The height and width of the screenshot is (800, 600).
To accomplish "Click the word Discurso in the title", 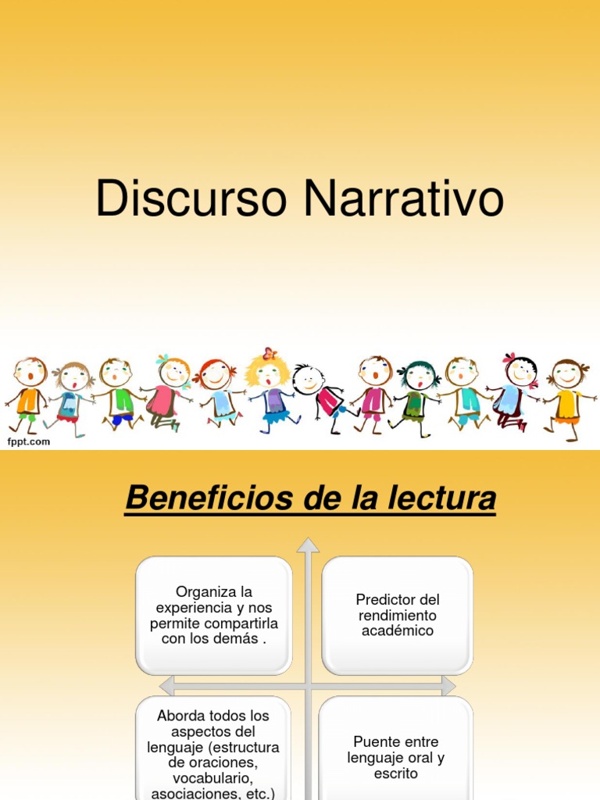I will (x=191, y=200).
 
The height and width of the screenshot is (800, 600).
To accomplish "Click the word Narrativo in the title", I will (x=404, y=200).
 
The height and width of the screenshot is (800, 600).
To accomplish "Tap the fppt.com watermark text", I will (x=29, y=441).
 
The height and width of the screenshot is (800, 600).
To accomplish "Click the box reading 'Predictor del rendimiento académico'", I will (x=398, y=615).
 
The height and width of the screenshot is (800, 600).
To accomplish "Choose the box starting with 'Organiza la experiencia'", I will (x=214, y=615).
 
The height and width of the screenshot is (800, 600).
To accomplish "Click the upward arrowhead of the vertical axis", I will (x=309, y=545).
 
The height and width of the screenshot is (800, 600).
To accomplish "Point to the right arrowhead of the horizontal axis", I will (x=448, y=686).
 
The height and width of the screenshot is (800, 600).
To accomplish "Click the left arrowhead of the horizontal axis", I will (x=166, y=686).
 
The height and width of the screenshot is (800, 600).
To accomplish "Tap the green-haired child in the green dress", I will (x=418, y=395).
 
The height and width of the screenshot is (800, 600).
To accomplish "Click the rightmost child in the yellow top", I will (x=567, y=395).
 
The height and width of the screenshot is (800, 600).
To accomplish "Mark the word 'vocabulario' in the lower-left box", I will (x=213, y=779).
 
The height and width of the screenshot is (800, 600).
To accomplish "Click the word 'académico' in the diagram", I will (x=398, y=631).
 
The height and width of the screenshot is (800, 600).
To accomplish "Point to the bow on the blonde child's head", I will (x=270, y=353).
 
